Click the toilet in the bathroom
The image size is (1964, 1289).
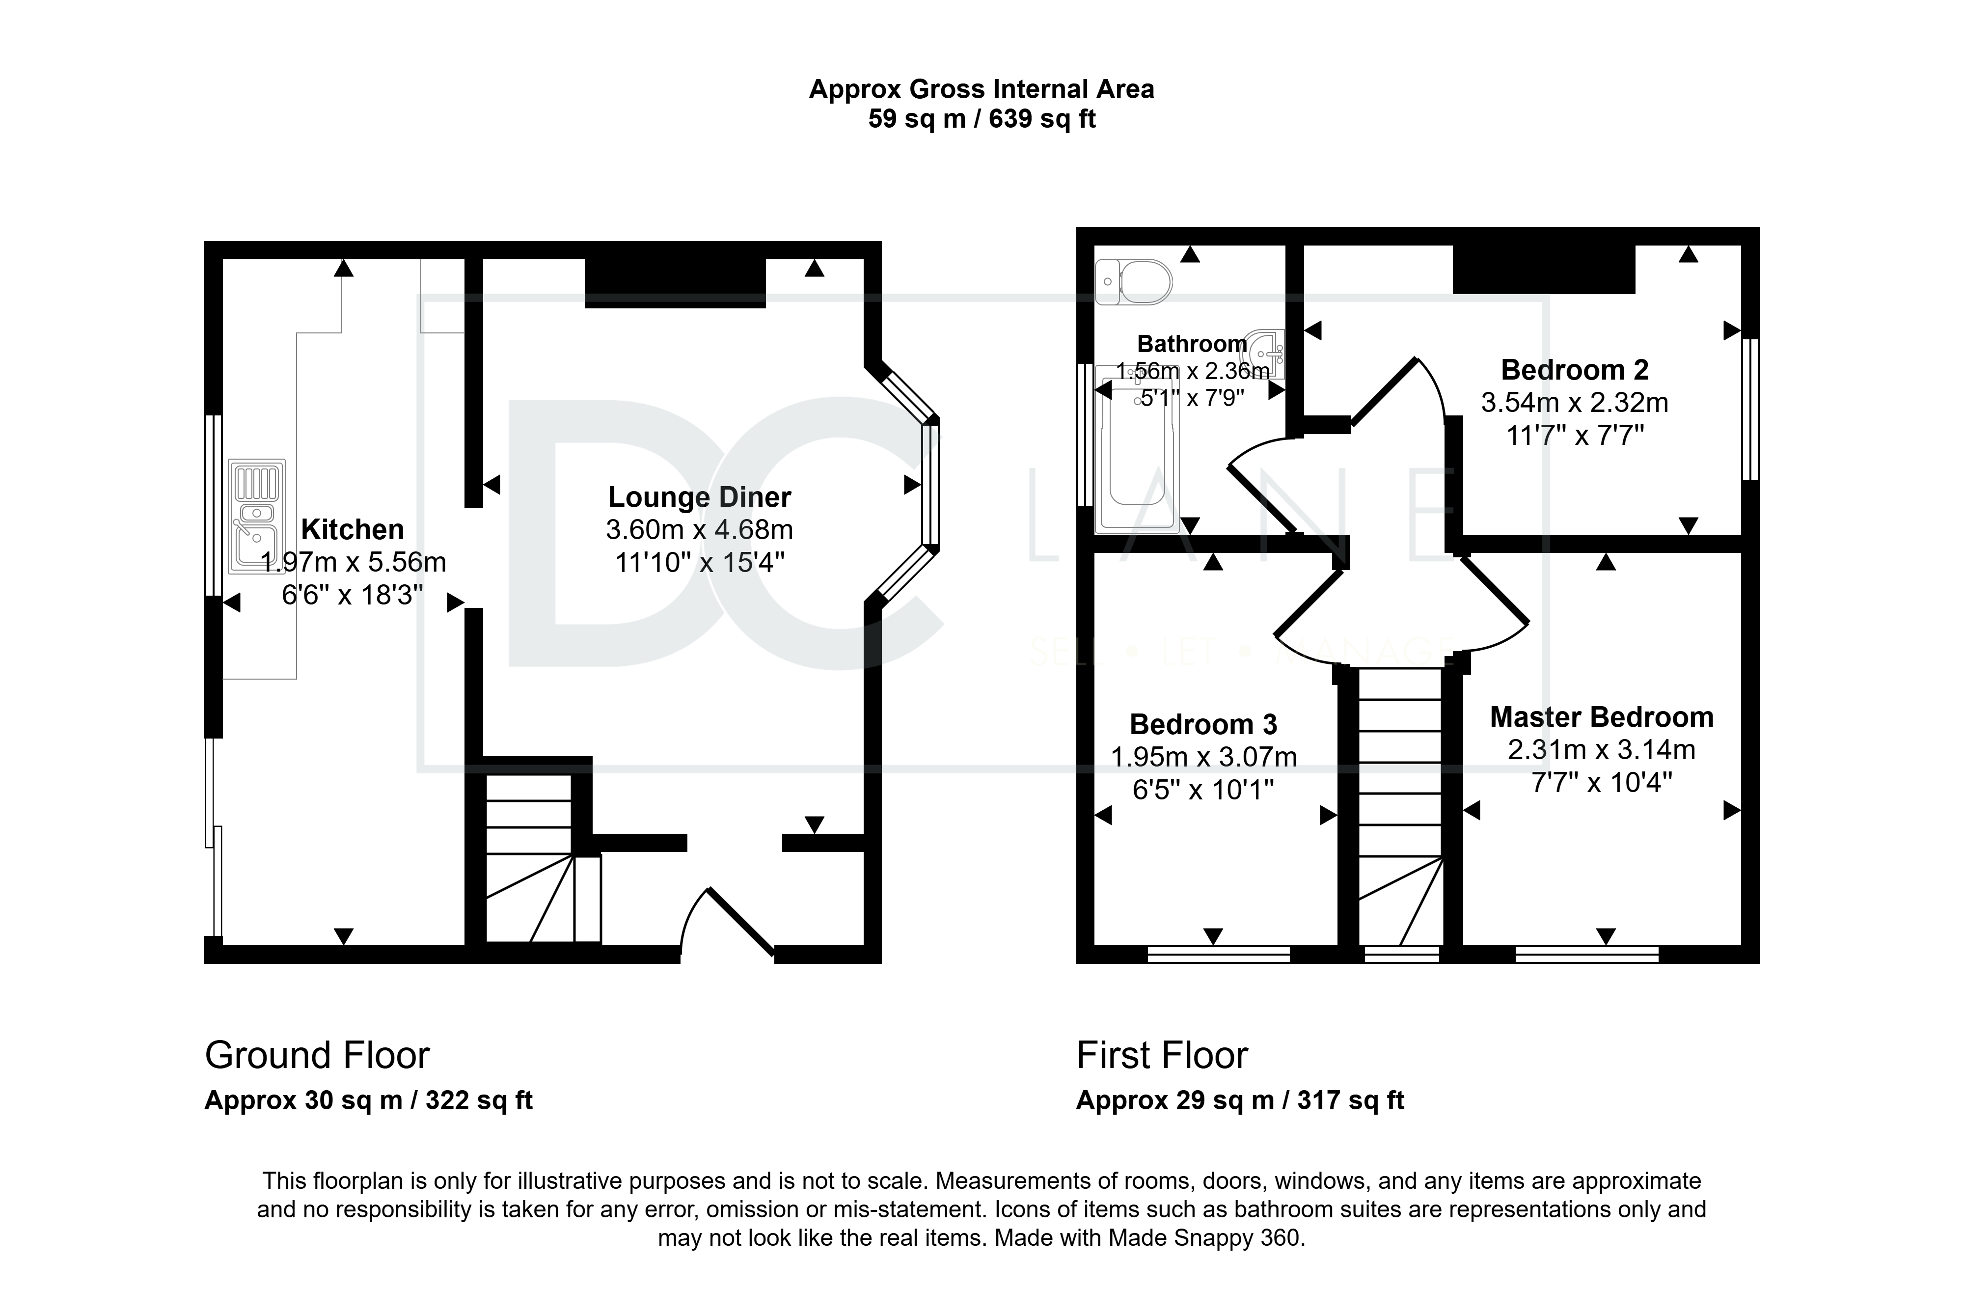[x=1134, y=282]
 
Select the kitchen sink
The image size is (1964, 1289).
[x=257, y=516]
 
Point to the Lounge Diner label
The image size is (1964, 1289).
[x=700, y=497]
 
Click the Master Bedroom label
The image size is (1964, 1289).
[x=1602, y=717]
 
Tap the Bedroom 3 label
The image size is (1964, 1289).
[x=1203, y=725]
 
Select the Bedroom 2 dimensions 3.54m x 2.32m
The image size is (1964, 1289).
[x=1575, y=403]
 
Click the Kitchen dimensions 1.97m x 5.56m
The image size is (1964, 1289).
[x=353, y=562]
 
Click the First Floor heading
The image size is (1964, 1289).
[x=1162, y=1055]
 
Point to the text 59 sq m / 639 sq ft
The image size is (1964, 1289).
[x=981, y=119]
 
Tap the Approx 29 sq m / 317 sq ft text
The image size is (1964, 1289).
[x=1239, y=1100]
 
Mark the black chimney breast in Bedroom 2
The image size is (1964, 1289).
[x=1543, y=269]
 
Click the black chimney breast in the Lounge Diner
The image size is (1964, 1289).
[x=675, y=283]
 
